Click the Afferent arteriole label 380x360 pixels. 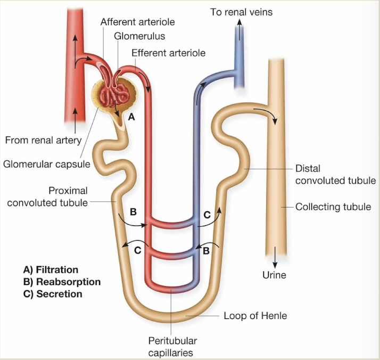[x=137, y=22]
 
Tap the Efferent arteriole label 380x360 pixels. [x=168, y=53]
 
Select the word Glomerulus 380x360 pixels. [x=139, y=37]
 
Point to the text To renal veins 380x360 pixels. [x=241, y=12]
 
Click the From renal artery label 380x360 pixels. [x=43, y=141]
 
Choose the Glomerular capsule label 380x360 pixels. [x=47, y=163]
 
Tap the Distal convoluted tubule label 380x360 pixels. [x=335, y=175]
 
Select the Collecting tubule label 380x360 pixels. [x=333, y=207]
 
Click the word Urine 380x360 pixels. [x=274, y=275]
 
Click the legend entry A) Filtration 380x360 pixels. [x=47, y=270]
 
